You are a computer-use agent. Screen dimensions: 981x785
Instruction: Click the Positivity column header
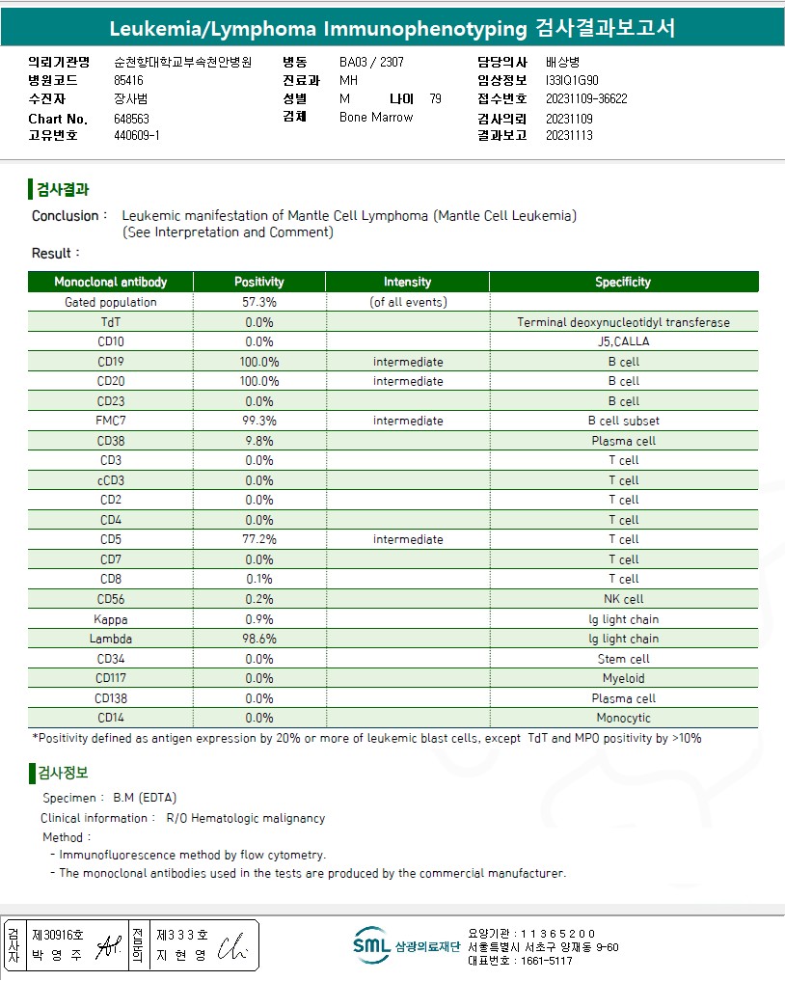[x=259, y=282]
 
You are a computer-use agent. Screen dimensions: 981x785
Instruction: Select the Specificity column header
[x=623, y=282]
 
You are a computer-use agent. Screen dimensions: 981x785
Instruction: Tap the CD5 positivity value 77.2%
[x=259, y=539]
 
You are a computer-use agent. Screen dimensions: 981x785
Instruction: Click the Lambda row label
[x=111, y=639]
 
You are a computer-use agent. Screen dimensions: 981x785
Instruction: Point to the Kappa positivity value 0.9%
[x=259, y=619]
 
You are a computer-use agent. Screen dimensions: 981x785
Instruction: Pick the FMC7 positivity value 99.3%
[x=259, y=421]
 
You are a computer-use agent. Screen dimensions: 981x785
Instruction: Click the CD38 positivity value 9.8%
[x=259, y=441]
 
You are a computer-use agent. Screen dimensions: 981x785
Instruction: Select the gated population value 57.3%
[x=259, y=302]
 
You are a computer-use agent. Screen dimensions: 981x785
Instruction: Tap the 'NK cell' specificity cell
[x=623, y=599]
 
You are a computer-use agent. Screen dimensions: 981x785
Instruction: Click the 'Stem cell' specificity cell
[x=623, y=659]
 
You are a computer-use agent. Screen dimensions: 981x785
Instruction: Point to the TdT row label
[x=111, y=322]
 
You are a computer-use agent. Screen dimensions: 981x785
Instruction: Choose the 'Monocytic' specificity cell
[x=623, y=718]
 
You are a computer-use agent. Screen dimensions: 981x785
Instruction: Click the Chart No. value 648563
[x=131, y=119]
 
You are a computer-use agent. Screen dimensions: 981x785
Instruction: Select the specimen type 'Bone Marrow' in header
[x=376, y=118]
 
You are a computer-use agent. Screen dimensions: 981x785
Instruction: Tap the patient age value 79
[x=436, y=98]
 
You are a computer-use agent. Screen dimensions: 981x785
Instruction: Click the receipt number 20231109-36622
[x=586, y=98]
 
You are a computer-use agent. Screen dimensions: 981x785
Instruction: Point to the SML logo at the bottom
[x=371, y=945]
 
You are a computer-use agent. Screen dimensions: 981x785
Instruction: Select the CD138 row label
[x=111, y=698]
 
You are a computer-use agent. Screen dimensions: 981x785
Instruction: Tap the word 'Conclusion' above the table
[x=65, y=216]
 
